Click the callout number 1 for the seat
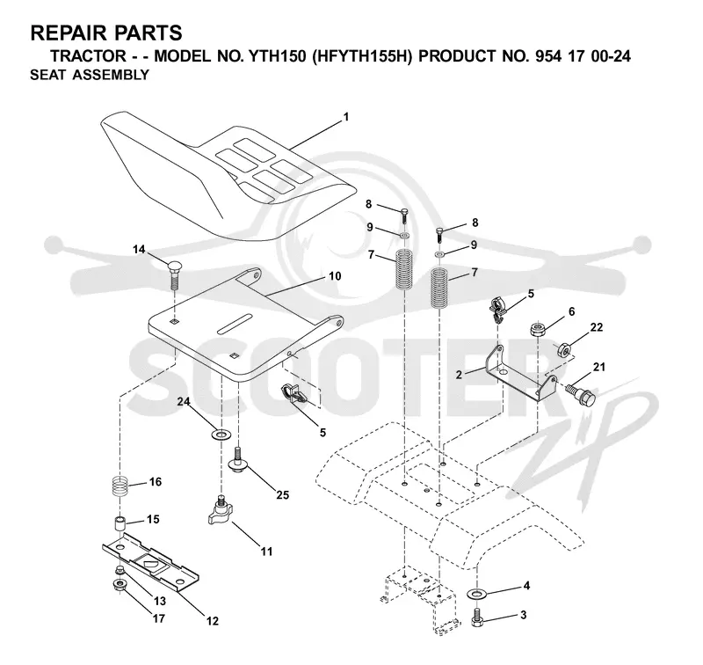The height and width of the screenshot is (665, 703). [345, 117]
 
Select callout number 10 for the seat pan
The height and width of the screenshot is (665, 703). [335, 276]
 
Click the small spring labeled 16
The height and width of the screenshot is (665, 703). [120, 486]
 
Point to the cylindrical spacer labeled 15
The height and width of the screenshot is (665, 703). [120, 525]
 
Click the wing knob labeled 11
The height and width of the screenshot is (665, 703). [220, 511]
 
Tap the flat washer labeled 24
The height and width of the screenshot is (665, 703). [221, 435]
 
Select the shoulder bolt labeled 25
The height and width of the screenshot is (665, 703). [239, 458]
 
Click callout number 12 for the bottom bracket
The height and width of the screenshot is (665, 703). [213, 621]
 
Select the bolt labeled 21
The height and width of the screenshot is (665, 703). [579, 392]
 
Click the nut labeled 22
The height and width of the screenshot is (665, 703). [563, 349]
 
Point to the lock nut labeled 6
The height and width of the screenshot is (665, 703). [536, 329]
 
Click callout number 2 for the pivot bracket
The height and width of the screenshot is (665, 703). [459, 375]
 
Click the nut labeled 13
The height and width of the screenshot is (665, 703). [120, 570]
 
